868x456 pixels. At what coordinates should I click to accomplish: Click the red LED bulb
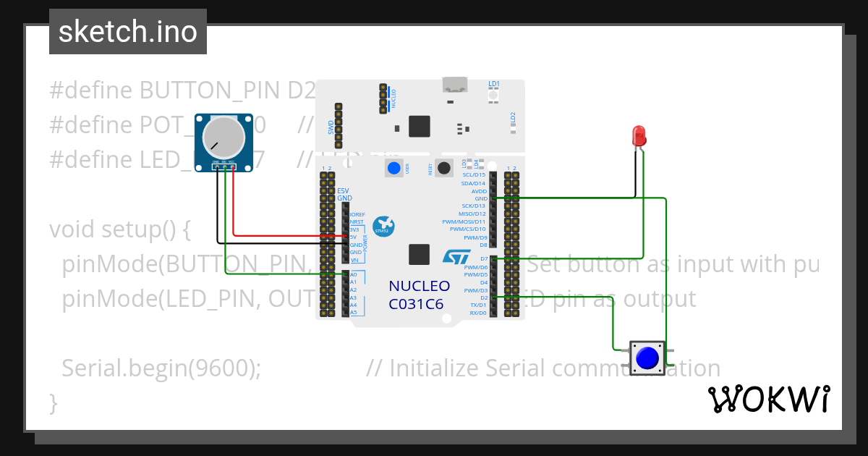click(x=639, y=135)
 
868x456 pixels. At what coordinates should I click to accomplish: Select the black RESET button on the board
click(x=444, y=168)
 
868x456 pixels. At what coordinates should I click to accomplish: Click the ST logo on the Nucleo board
click(x=456, y=256)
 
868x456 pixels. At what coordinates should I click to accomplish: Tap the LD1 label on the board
click(x=494, y=85)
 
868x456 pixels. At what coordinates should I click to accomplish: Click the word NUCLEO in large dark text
click(x=419, y=286)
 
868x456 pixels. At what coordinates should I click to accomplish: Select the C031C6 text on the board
click(x=416, y=304)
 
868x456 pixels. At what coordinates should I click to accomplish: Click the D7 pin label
click(x=483, y=258)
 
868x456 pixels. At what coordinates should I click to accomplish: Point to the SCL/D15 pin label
click(x=473, y=174)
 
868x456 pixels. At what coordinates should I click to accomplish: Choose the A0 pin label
click(x=353, y=274)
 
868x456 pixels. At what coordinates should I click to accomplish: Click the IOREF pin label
click(x=356, y=214)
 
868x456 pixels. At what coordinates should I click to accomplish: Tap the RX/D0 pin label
click(x=478, y=313)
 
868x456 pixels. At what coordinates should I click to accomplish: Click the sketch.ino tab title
click(x=127, y=32)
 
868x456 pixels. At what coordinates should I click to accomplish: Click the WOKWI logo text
click(x=768, y=399)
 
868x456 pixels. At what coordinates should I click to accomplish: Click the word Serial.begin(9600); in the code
click(x=161, y=368)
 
